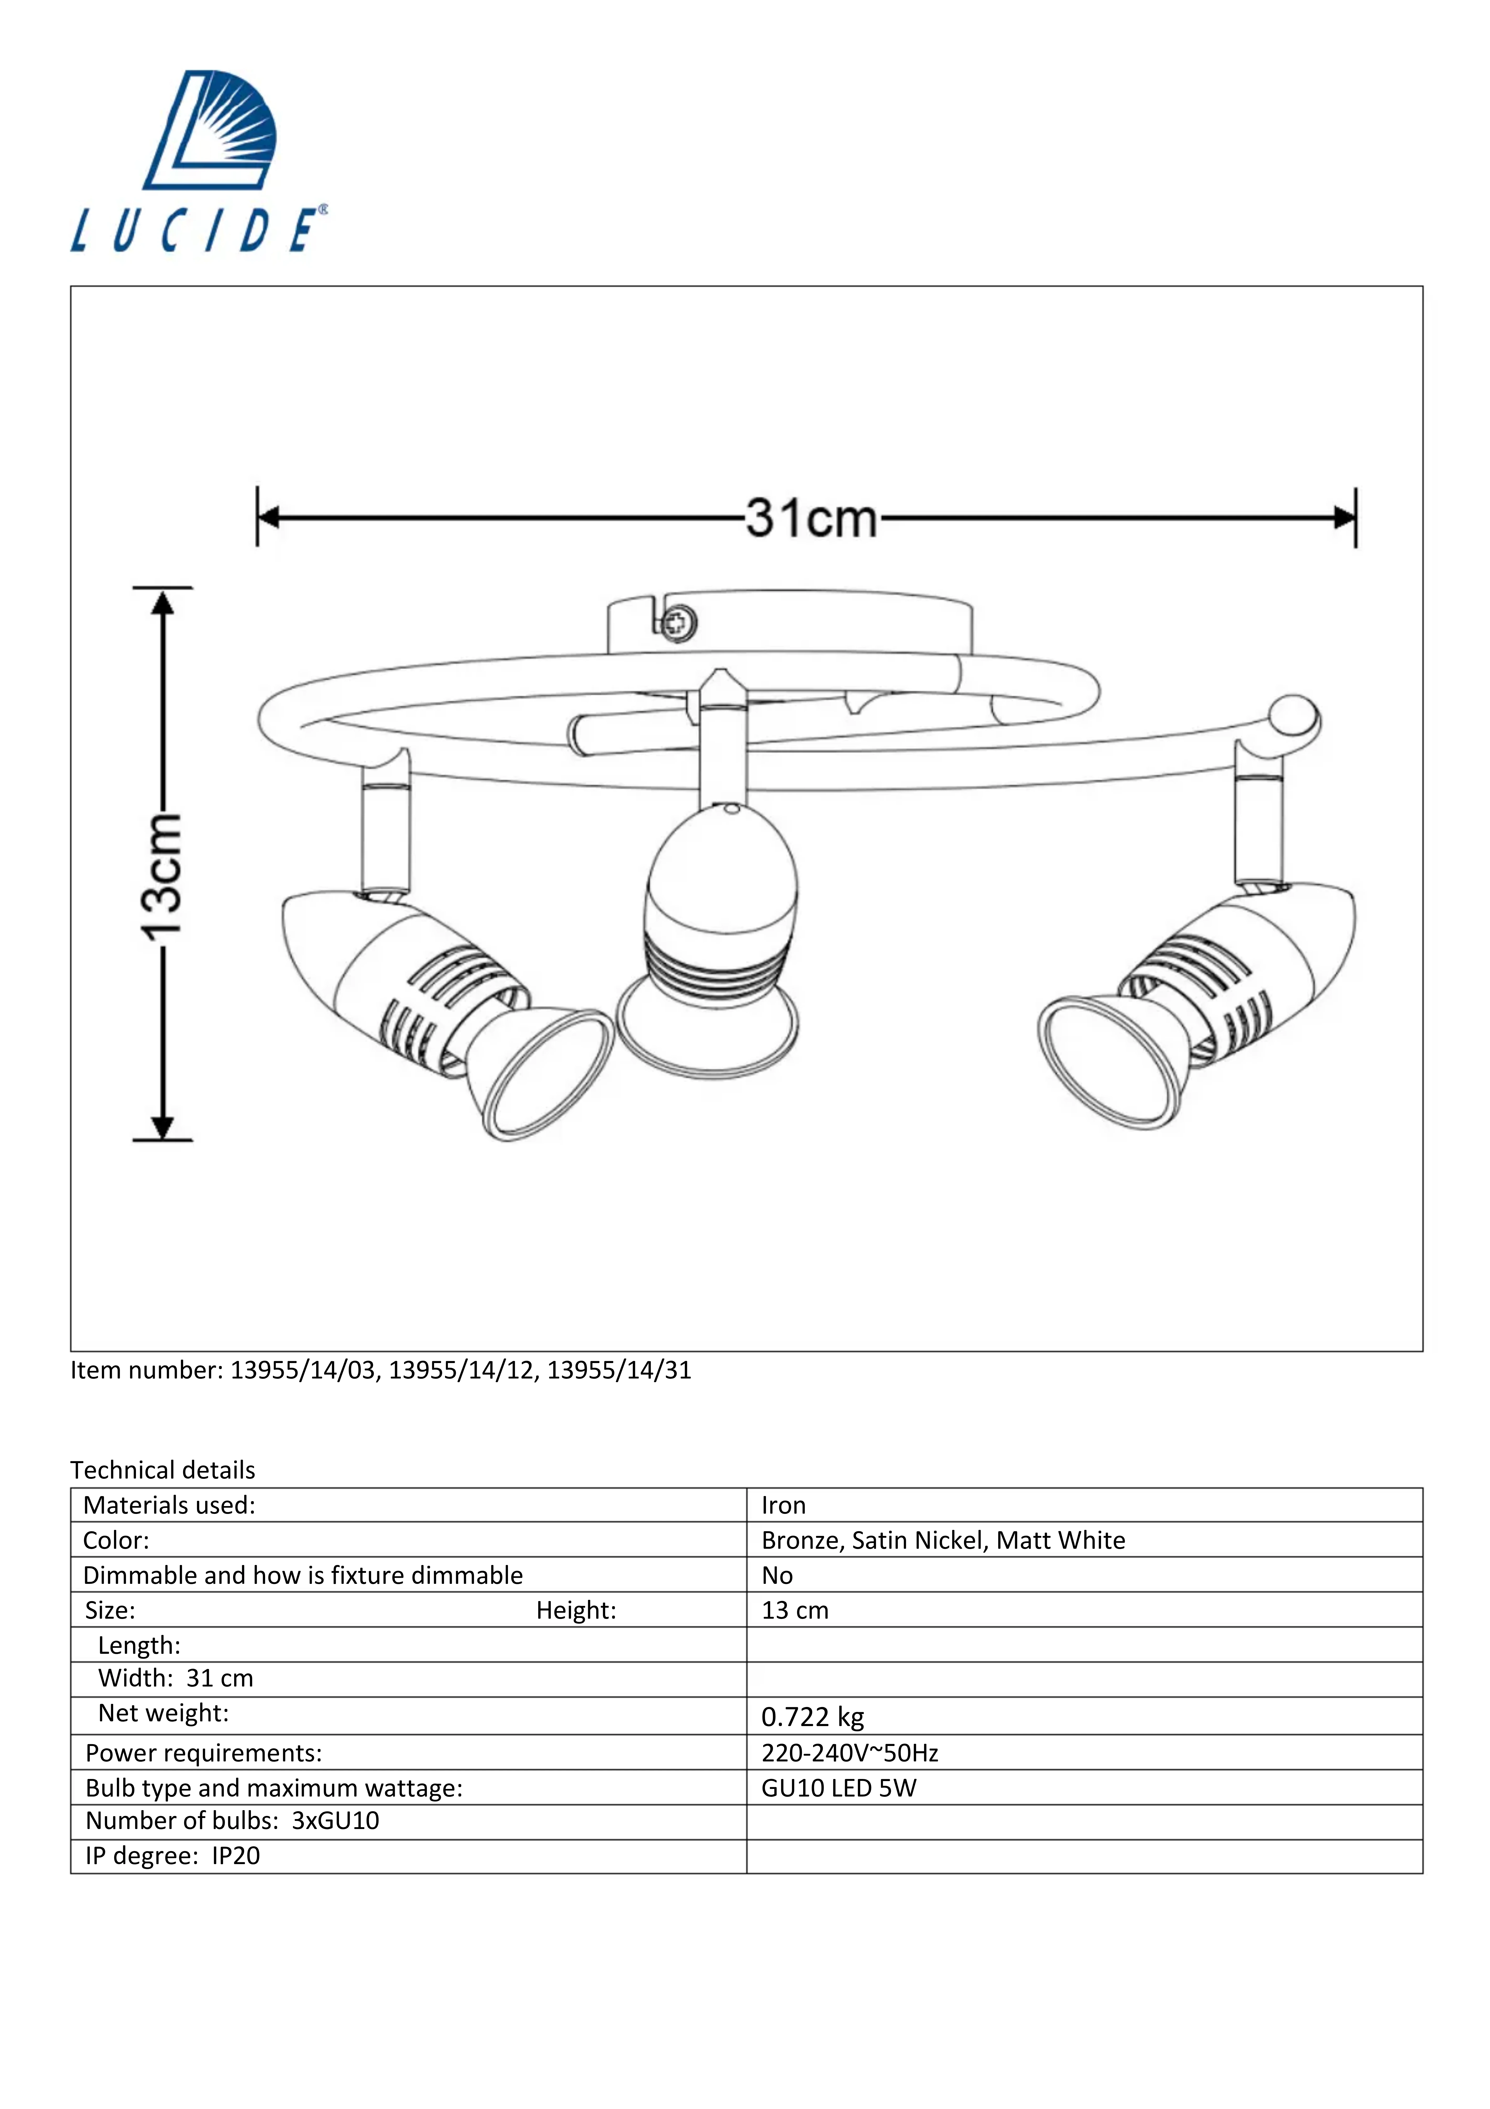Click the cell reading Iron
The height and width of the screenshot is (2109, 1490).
pos(784,1506)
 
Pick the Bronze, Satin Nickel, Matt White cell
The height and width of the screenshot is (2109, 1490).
pos(943,1540)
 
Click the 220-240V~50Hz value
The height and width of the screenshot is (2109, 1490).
pos(850,1754)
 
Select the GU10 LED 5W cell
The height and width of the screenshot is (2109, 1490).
pos(839,1788)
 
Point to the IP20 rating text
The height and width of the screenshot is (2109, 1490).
pos(236,1857)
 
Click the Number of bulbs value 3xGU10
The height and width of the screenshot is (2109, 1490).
pos(335,1821)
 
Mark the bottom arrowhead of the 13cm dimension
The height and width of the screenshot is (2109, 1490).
pos(163,1128)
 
